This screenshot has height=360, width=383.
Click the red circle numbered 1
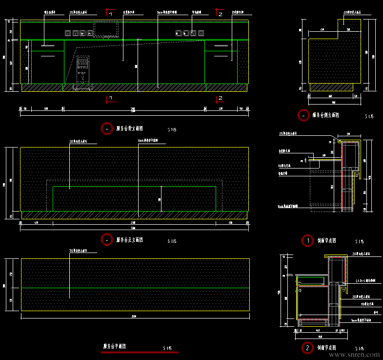coord(307,240)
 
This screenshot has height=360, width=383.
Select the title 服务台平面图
coord(114,346)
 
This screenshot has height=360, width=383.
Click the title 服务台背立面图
coord(129,128)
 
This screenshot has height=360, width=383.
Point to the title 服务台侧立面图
coord(325,116)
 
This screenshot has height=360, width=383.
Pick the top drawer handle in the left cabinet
coord(47,45)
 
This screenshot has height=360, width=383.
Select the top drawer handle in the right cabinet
coord(221,45)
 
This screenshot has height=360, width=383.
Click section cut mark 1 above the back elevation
coord(110,13)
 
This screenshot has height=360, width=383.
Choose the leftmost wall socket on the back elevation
coord(68,34)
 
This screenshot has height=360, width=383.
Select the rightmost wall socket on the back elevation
coord(201,34)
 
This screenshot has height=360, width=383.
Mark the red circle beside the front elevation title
coord(106,240)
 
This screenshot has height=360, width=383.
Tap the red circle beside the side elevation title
coord(303,116)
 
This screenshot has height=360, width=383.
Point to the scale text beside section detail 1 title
coord(359,241)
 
